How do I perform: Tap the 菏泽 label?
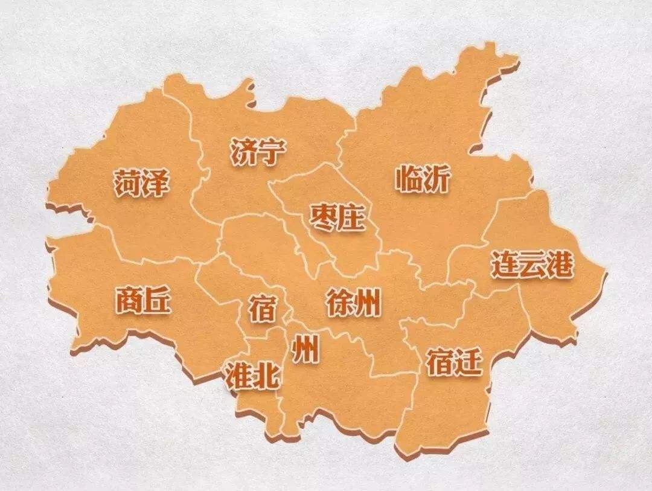pos(142,182)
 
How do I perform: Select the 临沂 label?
pos(423,179)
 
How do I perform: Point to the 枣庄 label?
pos(337,217)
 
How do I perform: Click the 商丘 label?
pos(143,300)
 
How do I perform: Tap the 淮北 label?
pos(252,376)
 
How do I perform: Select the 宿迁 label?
pos(454,362)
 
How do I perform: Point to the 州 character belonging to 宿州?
pos(305,350)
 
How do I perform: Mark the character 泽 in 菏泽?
pos(156,182)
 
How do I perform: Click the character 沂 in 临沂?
pos(436,179)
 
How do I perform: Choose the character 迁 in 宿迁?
pos(468,362)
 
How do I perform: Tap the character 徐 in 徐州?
pos(339,302)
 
